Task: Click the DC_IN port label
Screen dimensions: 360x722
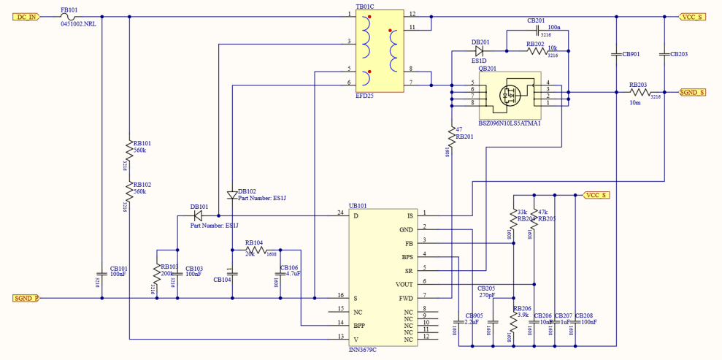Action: pos(26,16)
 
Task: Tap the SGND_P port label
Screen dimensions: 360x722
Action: pos(26,298)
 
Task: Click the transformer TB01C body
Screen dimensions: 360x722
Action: pos(380,51)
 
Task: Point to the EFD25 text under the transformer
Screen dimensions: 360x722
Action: pos(364,96)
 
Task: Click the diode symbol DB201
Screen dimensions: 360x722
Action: pos(480,51)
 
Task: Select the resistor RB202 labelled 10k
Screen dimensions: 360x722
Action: pos(536,51)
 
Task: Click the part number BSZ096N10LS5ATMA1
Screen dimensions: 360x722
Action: pos(510,123)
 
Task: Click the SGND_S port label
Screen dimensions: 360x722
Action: pos(693,93)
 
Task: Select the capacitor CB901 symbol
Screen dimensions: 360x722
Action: pos(617,54)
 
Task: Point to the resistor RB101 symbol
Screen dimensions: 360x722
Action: pos(129,150)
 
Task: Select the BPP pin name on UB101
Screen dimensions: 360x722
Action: pos(359,325)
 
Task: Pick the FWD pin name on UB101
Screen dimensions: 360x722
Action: pos(406,298)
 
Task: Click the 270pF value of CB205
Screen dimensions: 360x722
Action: pos(487,296)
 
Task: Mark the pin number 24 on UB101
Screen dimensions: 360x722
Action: pos(340,212)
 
